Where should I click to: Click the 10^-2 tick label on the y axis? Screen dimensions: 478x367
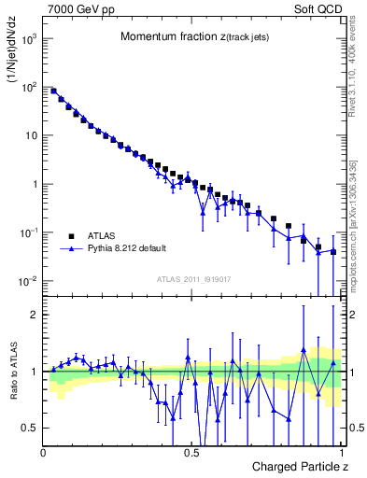[30, 281]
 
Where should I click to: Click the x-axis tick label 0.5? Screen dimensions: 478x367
[192, 452]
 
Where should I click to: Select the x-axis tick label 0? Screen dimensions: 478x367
[44, 452]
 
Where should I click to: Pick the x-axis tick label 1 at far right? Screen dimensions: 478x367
[342, 452]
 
